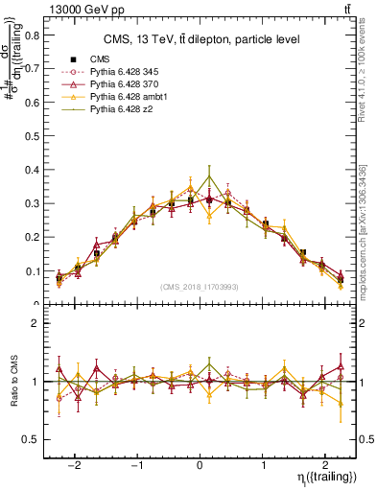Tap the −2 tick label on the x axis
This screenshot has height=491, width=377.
click(77, 459)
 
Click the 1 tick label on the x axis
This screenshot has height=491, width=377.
click(265, 459)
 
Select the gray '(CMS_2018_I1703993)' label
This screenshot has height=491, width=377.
click(200, 287)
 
